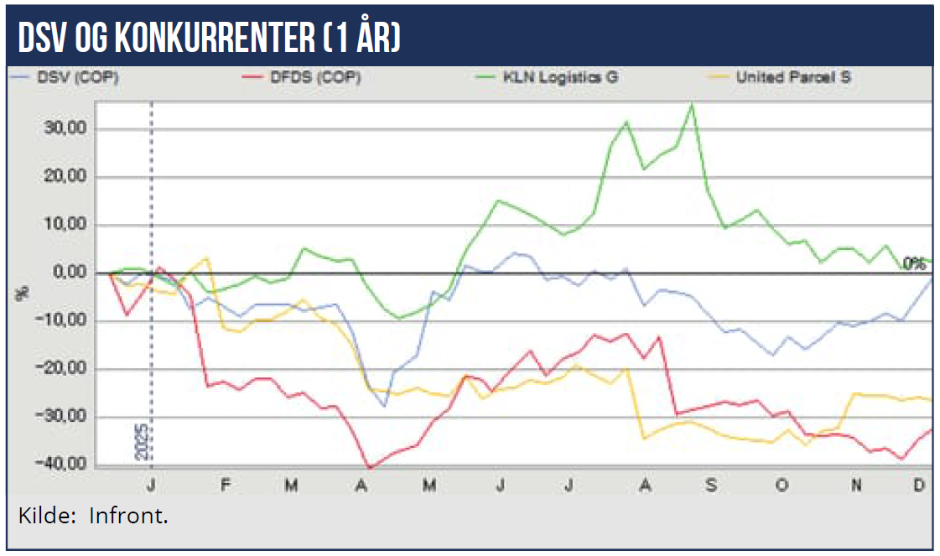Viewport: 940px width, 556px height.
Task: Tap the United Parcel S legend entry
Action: click(x=792, y=78)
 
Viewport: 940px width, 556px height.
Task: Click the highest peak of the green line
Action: click(x=692, y=104)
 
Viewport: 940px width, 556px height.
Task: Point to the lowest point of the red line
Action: click(x=369, y=467)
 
